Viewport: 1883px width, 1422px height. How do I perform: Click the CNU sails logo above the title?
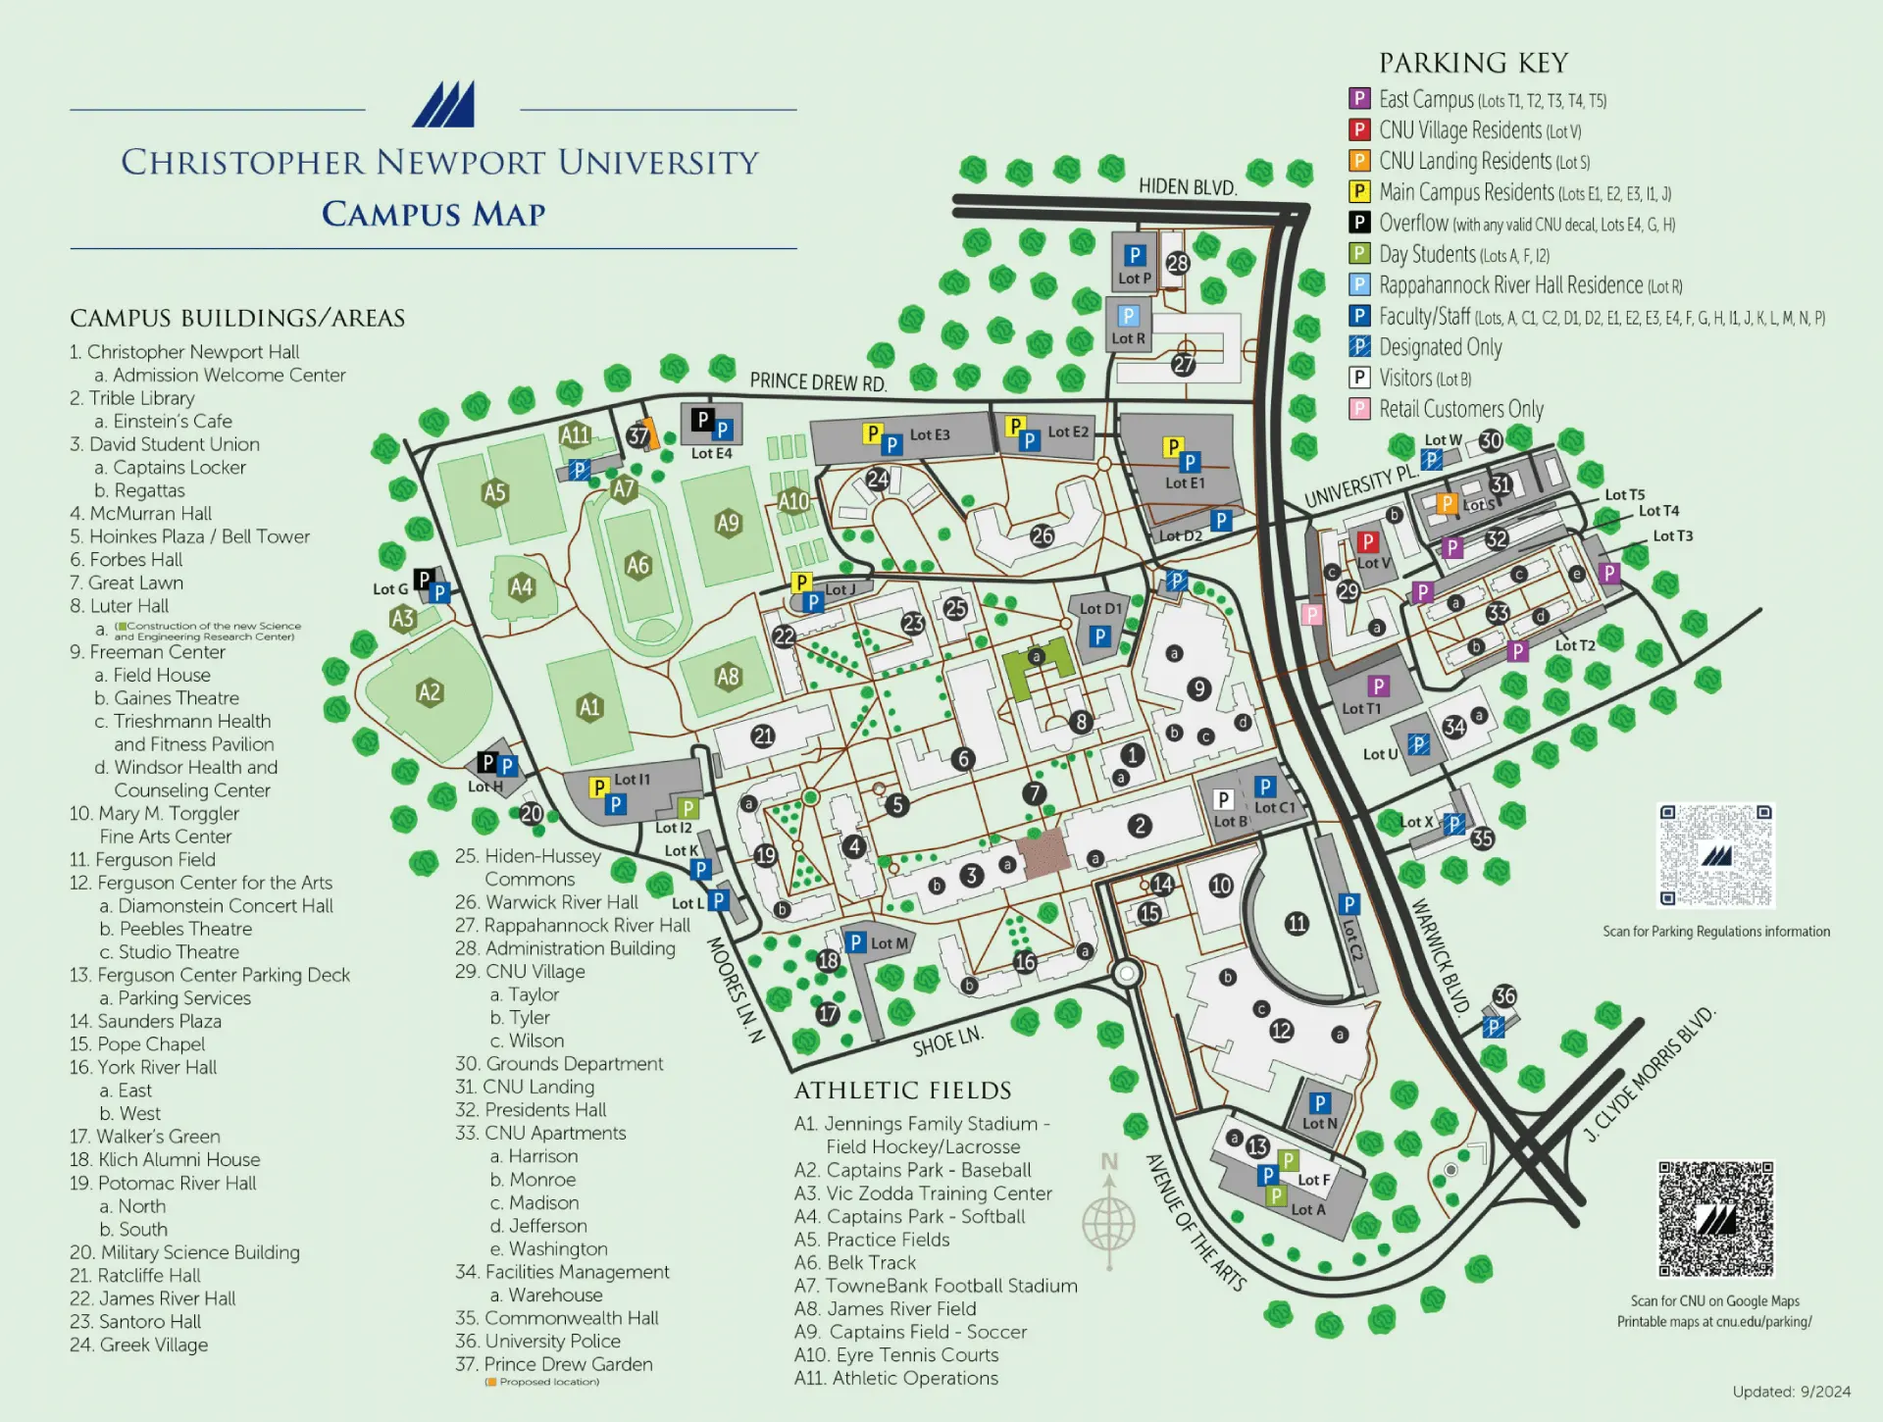coord(443,104)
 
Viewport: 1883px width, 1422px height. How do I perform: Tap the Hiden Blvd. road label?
coord(1187,186)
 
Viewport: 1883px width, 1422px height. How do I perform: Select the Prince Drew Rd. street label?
coord(818,381)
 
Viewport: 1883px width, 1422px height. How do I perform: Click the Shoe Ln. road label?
coord(947,1041)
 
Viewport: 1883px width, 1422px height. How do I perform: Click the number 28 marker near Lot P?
coord(1177,263)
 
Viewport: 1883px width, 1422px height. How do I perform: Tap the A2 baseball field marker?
coord(430,692)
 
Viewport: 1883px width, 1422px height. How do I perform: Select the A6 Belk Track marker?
coord(637,565)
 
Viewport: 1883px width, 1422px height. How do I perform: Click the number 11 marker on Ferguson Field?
coord(1297,923)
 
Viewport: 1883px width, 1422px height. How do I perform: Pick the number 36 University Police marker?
coord(1503,995)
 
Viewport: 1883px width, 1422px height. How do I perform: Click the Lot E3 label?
coord(929,434)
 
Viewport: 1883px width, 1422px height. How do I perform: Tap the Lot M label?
coord(889,943)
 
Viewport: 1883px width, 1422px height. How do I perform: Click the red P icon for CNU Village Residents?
coord(1359,129)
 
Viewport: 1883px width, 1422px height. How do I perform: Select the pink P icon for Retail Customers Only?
coord(1359,409)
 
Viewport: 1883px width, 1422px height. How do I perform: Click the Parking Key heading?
coord(1473,63)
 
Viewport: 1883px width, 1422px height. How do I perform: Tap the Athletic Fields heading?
coord(902,1091)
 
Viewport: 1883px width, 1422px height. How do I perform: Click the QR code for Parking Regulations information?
coord(1715,855)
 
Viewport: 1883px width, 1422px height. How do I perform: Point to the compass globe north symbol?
coord(1108,1216)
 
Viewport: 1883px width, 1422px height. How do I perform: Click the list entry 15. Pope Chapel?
coord(137,1044)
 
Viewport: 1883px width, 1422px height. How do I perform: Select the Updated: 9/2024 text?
coord(1791,1392)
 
